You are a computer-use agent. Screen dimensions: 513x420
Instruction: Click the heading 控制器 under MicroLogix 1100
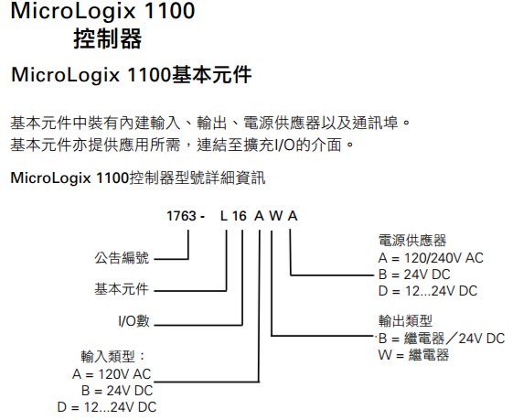click(108, 38)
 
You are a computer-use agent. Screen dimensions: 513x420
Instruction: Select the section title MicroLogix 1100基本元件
click(131, 75)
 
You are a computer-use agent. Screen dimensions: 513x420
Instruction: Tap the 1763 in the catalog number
click(182, 216)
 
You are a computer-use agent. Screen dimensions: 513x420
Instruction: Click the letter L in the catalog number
click(224, 216)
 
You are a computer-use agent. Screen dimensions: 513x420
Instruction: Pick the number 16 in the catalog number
click(240, 216)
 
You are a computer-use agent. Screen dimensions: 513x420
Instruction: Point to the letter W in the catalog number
click(276, 216)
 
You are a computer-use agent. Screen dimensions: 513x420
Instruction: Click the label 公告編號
click(122, 258)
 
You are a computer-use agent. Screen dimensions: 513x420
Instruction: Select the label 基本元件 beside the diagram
click(122, 289)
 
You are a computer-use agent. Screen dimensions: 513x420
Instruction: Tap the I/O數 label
click(134, 321)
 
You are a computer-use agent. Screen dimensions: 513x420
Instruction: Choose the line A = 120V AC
click(112, 374)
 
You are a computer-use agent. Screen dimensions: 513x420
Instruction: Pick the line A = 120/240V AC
click(431, 258)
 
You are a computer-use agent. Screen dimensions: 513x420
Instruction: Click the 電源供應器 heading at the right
click(412, 241)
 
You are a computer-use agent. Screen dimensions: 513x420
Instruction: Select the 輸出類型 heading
click(405, 321)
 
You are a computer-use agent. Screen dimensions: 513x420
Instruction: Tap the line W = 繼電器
click(413, 355)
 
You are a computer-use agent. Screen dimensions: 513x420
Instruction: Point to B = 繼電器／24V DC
click(442, 339)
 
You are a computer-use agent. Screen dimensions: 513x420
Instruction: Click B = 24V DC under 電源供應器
click(414, 275)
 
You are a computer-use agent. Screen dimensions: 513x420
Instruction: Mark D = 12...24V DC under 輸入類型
click(107, 407)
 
